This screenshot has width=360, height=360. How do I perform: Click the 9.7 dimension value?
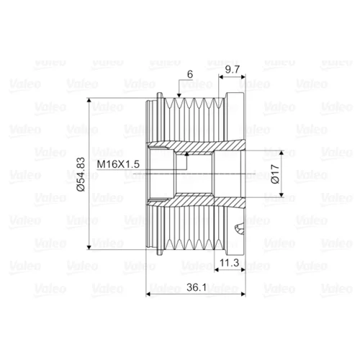click(x=233, y=69)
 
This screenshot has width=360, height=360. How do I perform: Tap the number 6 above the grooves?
click(x=190, y=74)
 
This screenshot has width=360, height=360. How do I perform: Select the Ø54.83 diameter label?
click(x=81, y=174)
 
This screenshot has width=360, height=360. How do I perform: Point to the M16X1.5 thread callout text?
click(x=118, y=164)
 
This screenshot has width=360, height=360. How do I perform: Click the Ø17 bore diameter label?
click(x=275, y=174)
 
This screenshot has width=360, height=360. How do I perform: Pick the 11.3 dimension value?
click(x=230, y=263)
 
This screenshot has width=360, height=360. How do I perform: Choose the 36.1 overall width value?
click(x=197, y=287)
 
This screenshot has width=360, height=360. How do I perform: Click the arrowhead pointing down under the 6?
click(x=179, y=95)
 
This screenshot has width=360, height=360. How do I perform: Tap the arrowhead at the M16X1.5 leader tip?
click(x=186, y=154)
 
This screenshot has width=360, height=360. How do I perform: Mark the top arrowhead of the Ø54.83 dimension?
click(x=89, y=100)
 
